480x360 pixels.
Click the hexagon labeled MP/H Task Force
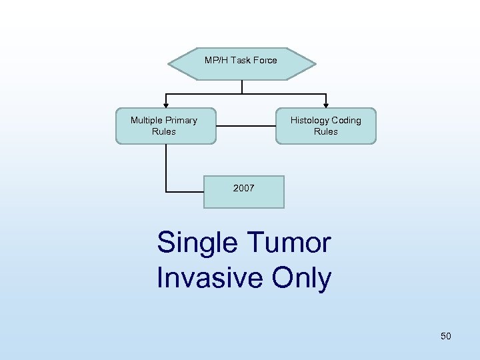(241, 63)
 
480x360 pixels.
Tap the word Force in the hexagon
(265, 61)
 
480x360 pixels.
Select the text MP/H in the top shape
(215, 61)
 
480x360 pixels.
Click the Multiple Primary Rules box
(165, 126)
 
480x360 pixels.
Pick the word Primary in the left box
(181, 121)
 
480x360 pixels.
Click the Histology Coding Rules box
(326, 126)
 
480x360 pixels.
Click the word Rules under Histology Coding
(326, 132)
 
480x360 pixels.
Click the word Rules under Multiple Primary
(164, 132)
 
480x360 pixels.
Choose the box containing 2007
(243, 192)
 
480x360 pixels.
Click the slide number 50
(445, 336)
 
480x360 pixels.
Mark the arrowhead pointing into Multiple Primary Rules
(166, 105)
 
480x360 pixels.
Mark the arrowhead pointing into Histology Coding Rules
(326, 105)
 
